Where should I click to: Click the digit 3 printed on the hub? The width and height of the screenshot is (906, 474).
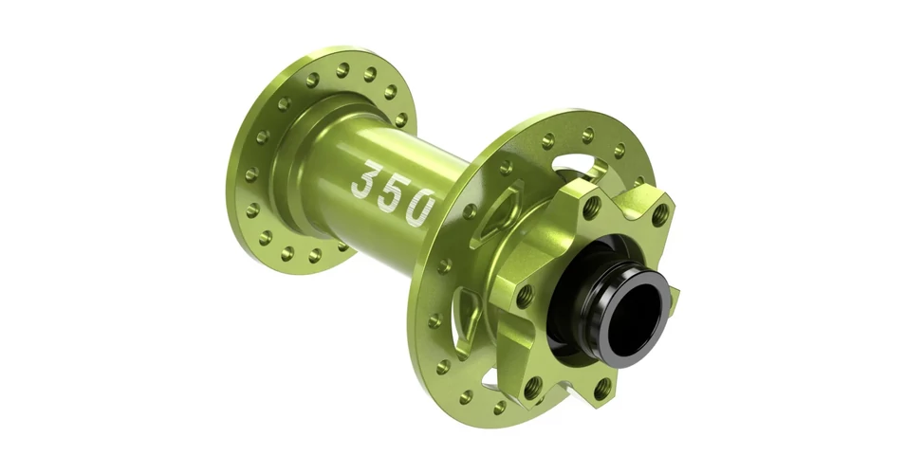tap(367, 179)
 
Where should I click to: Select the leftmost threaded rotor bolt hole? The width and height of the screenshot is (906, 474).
tap(524, 297)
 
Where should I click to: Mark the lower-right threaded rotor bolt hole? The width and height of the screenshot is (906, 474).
tap(602, 389)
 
